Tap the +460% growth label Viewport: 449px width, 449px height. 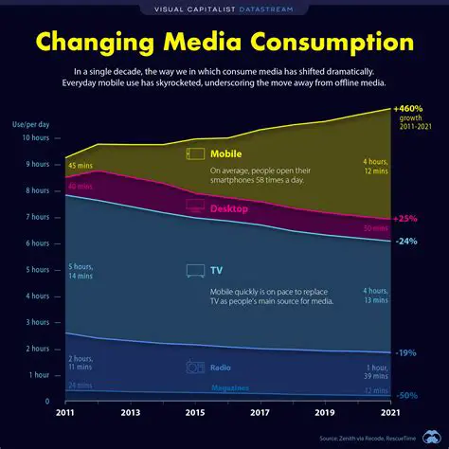pos(408,109)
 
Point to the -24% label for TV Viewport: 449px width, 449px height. pos(405,241)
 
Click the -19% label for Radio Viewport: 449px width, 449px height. pos(405,352)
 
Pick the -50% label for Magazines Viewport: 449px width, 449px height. pos(406,395)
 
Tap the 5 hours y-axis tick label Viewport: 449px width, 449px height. pos(35,270)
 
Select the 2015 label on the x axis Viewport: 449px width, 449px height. pos(195,414)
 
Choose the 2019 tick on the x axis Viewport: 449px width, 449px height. pos(325,414)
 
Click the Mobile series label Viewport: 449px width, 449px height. pos(225,153)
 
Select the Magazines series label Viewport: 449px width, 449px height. pos(229,388)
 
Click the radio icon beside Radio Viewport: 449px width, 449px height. pos(196,367)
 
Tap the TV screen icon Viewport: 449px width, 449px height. pos(196,271)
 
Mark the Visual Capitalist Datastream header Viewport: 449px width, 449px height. pos(224,9)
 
